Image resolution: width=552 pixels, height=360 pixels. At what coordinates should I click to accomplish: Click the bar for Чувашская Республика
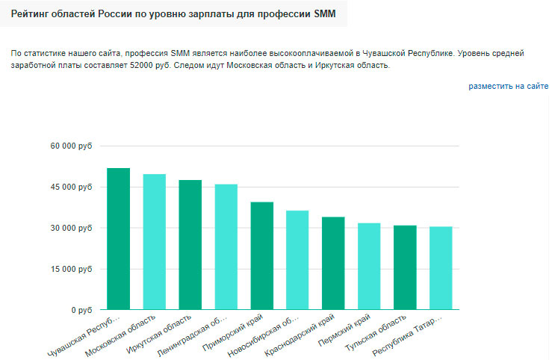pyautogui.click(x=118, y=239)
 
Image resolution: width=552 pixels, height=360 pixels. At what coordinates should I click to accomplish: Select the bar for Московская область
pyautogui.click(x=154, y=242)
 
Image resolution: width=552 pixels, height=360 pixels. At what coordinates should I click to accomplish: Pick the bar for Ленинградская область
pyautogui.click(x=226, y=247)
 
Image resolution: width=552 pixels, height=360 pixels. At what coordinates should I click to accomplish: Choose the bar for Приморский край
pyautogui.click(x=261, y=256)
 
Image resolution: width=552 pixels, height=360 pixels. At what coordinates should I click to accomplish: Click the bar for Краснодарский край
pyautogui.click(x=333, y=264)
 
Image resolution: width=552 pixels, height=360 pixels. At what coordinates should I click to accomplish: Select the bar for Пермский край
pyautogui.click(x=369, y=267)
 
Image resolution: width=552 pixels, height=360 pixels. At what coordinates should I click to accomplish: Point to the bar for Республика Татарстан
pyautogui.click(x=441, y=268)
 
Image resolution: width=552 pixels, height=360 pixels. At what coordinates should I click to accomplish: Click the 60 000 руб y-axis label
pyautogui.click(x=71, y=146)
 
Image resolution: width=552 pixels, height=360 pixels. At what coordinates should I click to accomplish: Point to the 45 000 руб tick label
pyautogui.click(x=71, y=187)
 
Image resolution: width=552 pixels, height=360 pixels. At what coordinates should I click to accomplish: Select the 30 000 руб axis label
pyautogui.click(x=71, y=229)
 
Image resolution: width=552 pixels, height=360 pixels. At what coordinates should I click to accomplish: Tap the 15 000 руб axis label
pyautogui.click(x=71, y=270)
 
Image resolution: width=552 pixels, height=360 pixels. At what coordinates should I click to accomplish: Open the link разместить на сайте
pyautogui.click(x=508, y=87)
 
